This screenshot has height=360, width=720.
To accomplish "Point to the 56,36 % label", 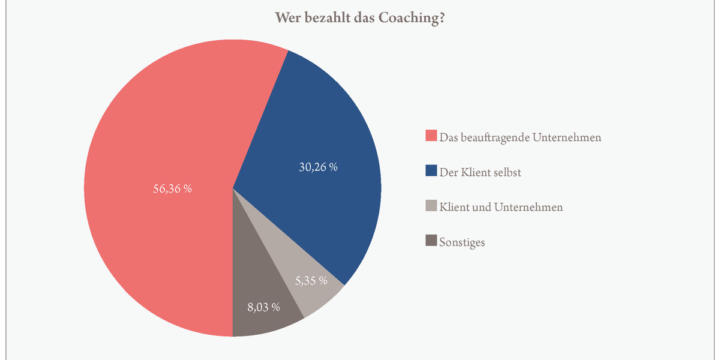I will tap(173, 188).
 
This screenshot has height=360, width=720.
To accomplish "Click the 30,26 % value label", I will tap(318, 167).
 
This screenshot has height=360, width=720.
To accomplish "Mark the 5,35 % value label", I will tap(311, 280).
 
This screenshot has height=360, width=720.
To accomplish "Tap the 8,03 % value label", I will tap(264, 307).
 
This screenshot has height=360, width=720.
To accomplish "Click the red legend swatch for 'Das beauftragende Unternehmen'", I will tap(431, 136).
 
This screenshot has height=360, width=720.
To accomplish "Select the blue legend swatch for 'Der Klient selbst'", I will tap(431, 172).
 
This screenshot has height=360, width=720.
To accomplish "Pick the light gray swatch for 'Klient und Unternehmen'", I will tap(431, 207).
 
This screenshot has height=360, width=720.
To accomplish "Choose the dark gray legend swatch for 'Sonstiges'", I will tap(431, 242).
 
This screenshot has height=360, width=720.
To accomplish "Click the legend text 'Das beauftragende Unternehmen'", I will tap(520, 137).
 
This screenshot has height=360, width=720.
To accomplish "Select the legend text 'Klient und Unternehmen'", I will tap(501, 208).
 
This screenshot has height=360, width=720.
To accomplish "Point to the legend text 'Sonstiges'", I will tap(462, 242).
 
